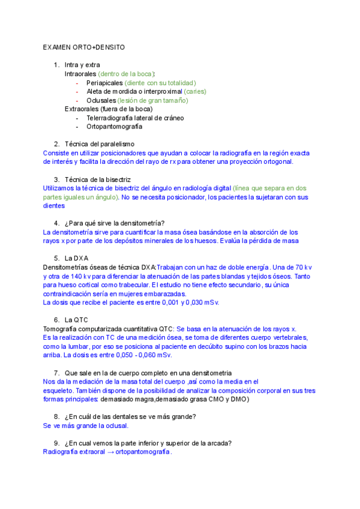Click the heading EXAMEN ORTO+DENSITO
pos(83,47)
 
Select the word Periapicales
pos(105,82)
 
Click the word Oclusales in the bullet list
pos(101,100)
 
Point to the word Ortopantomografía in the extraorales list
pos(115,127)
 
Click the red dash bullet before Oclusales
pos(78,100)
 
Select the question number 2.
pos(56,144)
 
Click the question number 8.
pos(56,417)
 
